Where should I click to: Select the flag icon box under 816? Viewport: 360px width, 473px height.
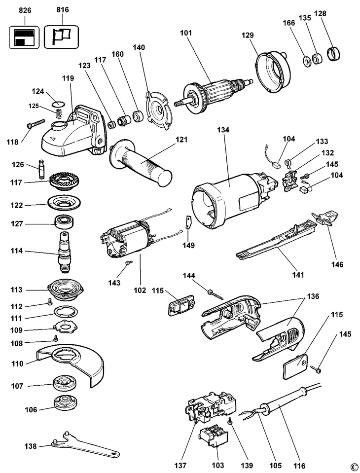(61, 36)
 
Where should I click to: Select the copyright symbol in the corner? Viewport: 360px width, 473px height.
(353, 467)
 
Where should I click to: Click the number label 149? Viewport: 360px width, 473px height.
(188, 245)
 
